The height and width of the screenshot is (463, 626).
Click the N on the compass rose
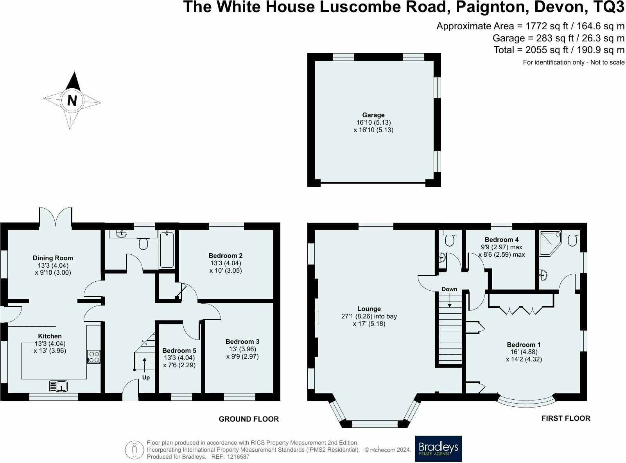click(x=72, y=101)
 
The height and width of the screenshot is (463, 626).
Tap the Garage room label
click(x=373, y=115)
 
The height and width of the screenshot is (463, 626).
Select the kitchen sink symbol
click(x=59, y=386)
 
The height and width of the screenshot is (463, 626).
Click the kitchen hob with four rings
click(x=94, y=357)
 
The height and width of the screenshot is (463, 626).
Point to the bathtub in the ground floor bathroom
click(x=167, y=250)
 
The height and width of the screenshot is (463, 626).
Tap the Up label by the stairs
click(x=146, y=377)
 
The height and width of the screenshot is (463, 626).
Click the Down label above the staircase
click(x=449, y=289)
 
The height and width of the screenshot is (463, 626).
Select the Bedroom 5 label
click(x=179, y=350)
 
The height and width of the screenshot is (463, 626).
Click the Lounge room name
click(x=369, y=309)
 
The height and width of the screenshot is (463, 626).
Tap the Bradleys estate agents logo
click(x=438, y=449)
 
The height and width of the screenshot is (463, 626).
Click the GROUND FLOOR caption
click(x=249, y=419)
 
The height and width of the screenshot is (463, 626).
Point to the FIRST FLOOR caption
click(x=565, y=418)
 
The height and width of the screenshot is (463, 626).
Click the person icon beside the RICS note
click(x=134, y=450)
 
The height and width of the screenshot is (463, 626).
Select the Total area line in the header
click(x=559, y=50)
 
